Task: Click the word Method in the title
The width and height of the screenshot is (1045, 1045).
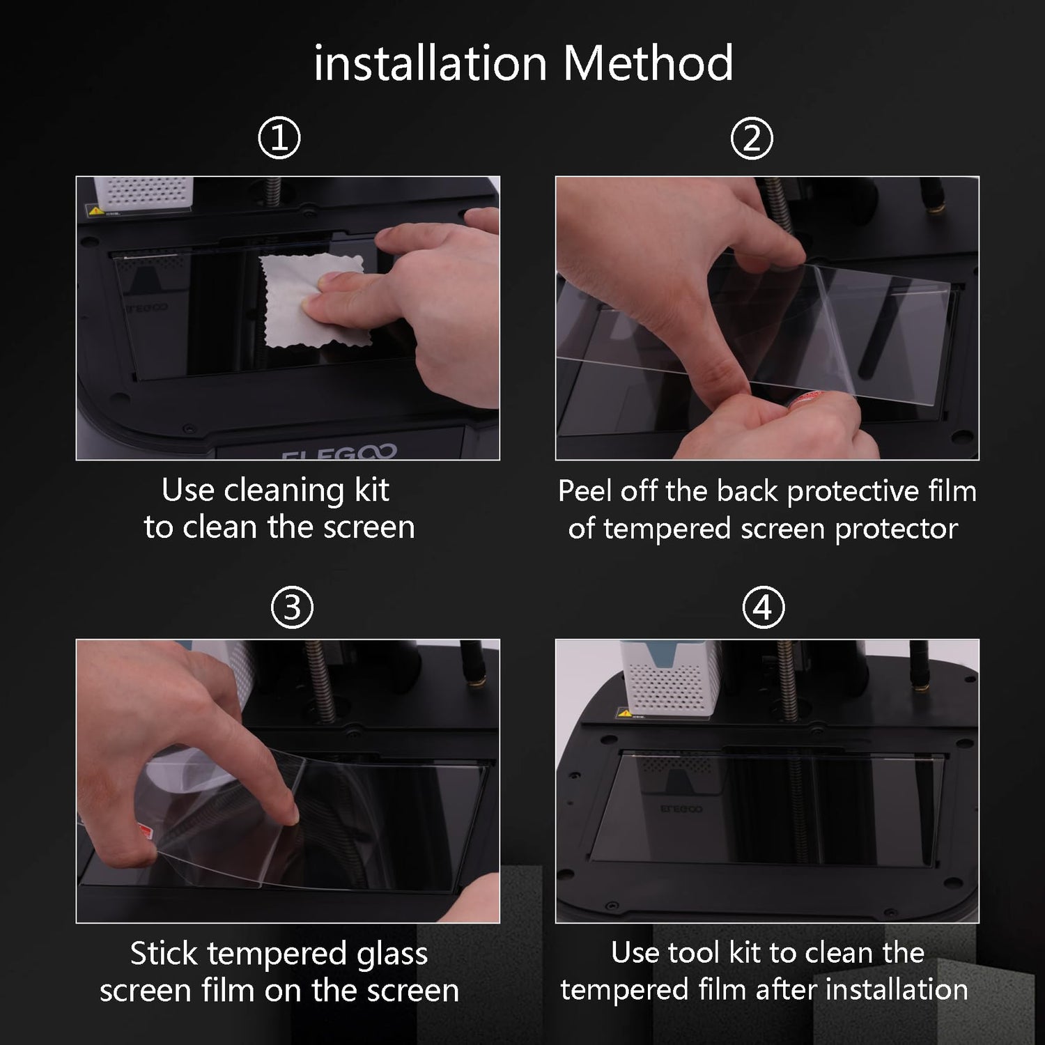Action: [x=648, y=63]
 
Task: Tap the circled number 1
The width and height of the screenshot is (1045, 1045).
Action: [x=279, y=138]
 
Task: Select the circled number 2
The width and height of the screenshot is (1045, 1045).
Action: [x=752, y=138]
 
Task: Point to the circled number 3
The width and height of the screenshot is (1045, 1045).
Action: [x=292, y=607]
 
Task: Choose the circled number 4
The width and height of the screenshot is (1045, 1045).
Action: [x=764, y=607]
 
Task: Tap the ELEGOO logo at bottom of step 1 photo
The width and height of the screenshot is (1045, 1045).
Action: [x=339, y=453]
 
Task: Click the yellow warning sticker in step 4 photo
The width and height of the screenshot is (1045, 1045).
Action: [x=625, y=713]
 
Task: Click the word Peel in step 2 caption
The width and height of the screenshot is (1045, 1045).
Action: [x=585, y=491]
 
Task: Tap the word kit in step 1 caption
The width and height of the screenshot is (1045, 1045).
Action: [x=372, y=490]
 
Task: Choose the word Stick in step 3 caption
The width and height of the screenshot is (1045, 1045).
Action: [x=164, y=953]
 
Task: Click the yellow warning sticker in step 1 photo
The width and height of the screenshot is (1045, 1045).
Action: [x=95, y=210]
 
